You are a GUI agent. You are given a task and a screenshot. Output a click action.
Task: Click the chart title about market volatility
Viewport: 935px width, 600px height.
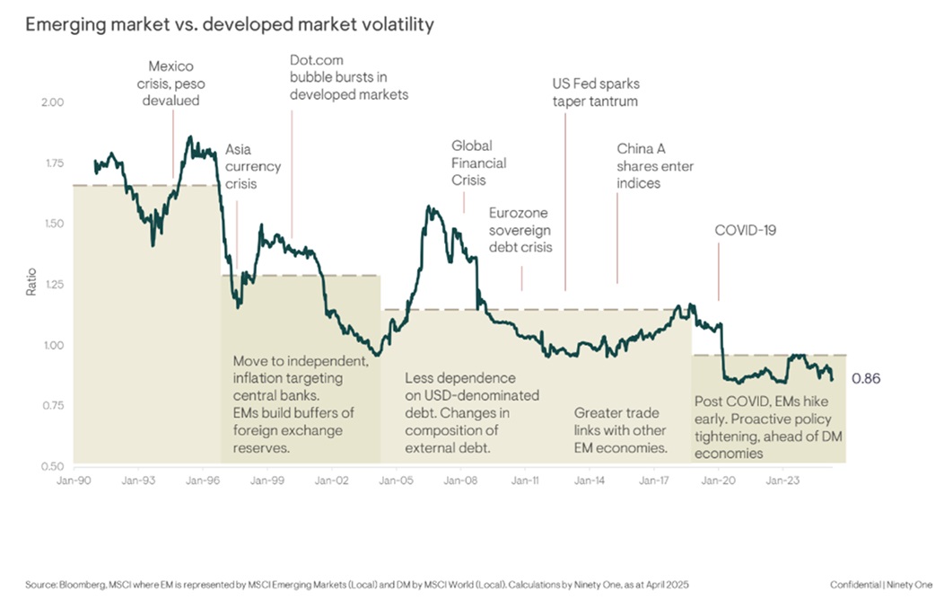click(x=230, y=24)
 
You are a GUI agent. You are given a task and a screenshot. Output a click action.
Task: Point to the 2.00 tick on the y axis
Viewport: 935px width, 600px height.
click(x=53, y=102)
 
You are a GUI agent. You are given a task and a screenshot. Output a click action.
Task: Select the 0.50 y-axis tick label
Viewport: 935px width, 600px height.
click(x=53, y=466)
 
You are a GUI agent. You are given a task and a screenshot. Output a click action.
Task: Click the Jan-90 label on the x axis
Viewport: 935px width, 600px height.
click(x=73, y=481)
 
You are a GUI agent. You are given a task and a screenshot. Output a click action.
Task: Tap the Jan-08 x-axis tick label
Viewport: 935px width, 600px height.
click(x=460, y=481)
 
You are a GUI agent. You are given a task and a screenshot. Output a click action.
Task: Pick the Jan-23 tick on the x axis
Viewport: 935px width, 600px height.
click(x=782, y=481)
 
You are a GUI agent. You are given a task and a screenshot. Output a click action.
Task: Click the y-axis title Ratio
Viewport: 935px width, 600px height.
click(x=31, y=284)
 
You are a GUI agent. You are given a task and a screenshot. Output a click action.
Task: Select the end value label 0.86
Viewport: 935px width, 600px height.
click(x=866, y=379)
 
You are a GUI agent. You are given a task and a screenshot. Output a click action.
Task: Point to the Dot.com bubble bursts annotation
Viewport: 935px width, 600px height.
click(x=348, y=77)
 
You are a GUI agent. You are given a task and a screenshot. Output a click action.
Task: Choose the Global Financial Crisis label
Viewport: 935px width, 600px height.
click(x=478, y=163)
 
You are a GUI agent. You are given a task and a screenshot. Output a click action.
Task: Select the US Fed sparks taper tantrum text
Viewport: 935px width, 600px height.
click(x=595, y=93)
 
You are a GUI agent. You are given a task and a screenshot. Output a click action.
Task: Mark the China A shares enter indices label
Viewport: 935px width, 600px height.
click(x=655, y=166)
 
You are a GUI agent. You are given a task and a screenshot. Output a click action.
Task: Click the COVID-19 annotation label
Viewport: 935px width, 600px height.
click(x=745, y=231)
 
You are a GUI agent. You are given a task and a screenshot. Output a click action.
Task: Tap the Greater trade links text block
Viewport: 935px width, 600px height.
click(x=621, y=430)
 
